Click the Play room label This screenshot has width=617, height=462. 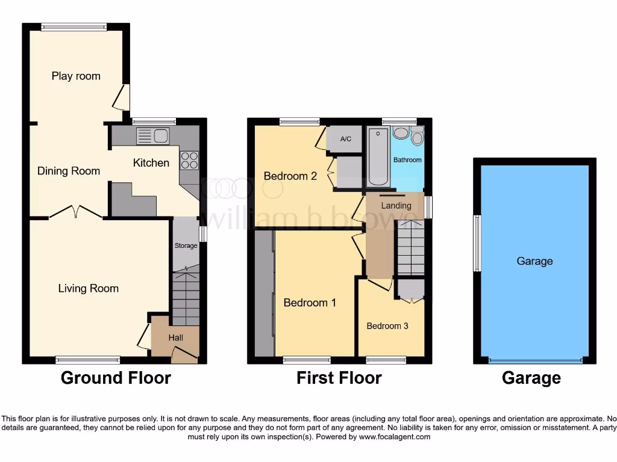(x=76, y=76)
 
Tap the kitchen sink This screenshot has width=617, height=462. (x=152, y=137)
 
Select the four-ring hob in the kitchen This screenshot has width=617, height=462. (x=189, y=159)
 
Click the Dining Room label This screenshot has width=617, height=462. (x=69, y=171)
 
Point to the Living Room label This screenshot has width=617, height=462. (x=88, y=288)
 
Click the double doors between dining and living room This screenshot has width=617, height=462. (x=75, y=212)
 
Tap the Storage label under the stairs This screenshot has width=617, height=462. (x=186, y=245)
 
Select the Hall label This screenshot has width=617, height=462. (x=175, y=338)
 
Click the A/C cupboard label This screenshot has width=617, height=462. (x=346, y=140)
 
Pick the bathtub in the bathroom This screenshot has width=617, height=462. (x=378, y=156)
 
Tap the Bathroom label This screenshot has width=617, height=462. (x=408, y=160)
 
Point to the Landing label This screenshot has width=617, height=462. (x=396, y=206)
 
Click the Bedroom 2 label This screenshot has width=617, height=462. (x=290, y=176)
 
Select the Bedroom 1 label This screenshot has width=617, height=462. (x=310, y=303)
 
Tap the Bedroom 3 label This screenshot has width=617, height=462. (x=387, y=326)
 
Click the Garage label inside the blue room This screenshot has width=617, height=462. (x=534, y=261)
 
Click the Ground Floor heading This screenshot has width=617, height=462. (x=116, y=378)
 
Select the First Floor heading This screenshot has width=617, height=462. (x=339, y=378)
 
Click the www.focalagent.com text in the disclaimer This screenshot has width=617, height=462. (x=394, y=437)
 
